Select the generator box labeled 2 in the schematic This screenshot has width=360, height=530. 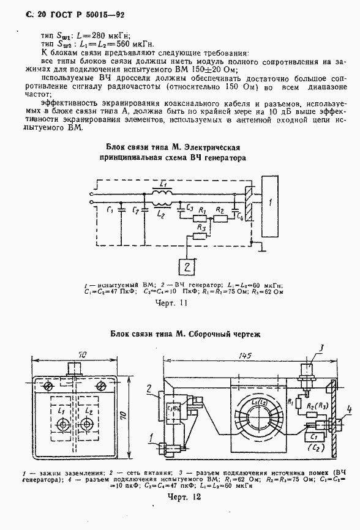[188, 267]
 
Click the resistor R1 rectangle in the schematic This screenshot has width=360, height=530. [200, 218]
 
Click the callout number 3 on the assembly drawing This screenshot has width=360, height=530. [320, 349]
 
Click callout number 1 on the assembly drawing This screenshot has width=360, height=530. [149, 437]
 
